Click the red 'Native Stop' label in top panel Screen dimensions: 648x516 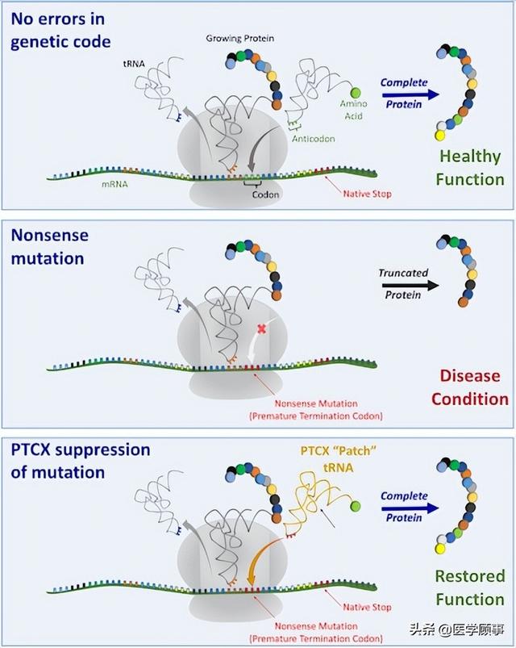(x=367, y=194)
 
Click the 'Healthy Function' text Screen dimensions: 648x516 (x=470, y=167)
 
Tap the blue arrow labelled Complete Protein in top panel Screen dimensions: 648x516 (x=410, y=94)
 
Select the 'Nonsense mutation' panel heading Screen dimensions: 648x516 (x=50, y=246)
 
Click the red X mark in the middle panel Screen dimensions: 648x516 (x=260, y=328)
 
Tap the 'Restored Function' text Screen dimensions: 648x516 (x=470, y=587)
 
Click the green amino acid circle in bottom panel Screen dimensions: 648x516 (x=355, y=507)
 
